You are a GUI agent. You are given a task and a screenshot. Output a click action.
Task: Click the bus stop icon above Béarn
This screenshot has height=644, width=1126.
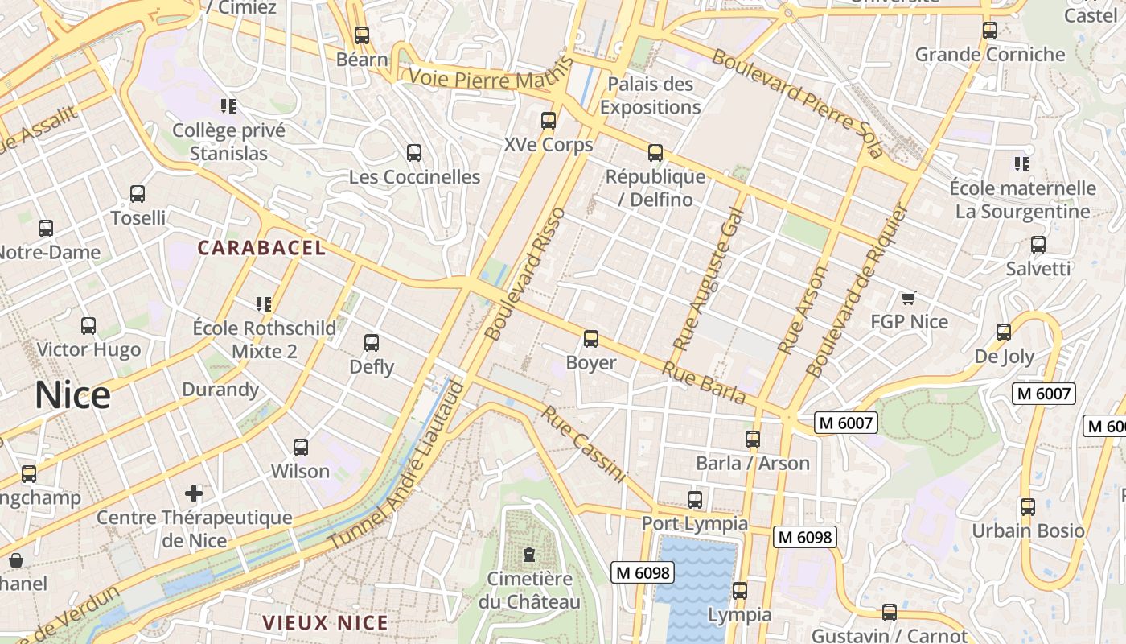pyautogui.click(x=362, y=35)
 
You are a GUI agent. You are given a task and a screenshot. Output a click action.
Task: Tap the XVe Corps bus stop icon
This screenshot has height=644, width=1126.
pyautogui.click(x=549, y=121)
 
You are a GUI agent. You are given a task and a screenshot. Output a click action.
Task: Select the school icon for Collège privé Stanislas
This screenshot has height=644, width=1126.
pyautogui.click(x=228, y=106)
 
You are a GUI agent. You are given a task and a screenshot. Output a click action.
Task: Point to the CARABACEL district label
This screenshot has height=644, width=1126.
pyautogui.click(x=262, y=248)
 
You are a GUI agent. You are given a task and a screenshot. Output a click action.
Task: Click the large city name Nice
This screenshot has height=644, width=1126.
pyautogui.click(x=72, y=395)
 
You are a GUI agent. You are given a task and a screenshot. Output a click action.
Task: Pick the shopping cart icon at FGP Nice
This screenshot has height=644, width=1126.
pyautogui.click(x=909, y=299)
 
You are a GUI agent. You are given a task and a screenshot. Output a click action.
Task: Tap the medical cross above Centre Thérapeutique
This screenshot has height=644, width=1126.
pyautogui.click(x=194, y=493)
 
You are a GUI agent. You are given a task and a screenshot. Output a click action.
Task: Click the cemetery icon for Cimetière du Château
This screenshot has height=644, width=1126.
pyautogui.click(x=529, y=555)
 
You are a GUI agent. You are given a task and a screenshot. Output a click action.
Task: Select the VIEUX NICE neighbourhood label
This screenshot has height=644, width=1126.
pyautogui.click(x=326, y=622)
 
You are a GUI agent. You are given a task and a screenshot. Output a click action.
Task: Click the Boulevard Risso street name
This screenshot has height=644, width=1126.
pyautogui.click(x=526, y=274)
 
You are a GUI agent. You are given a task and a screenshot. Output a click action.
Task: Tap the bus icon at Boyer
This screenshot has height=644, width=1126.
pyautogui.click(x=591, y=339)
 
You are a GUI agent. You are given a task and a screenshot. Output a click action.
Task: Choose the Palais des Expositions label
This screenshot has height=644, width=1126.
pyautogui.click(x=650, y=95)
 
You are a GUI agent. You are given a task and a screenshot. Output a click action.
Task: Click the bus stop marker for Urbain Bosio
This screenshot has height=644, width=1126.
pyautogui.click(x=1028, y=507)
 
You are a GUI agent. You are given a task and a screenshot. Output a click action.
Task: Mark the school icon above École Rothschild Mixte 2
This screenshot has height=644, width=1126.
pyautogui.click(x=264, y=304)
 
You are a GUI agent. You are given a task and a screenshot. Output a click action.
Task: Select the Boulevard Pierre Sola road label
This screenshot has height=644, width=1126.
pyautogui.click(x=797, y=102)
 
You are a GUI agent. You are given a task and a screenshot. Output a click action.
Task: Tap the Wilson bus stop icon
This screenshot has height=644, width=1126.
pyautogui.click(x=301, y=448)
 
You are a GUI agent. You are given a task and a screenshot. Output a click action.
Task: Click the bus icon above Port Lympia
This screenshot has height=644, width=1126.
pyautogui.click(x=695, y=500)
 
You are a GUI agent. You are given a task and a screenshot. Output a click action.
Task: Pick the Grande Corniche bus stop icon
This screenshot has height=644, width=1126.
pyautogui.click(x=990, y=31)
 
